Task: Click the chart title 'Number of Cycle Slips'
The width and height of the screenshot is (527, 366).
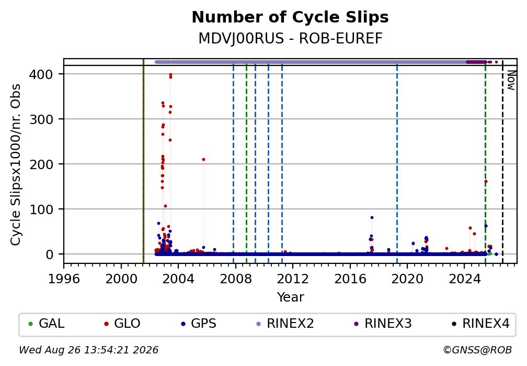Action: [290, 17]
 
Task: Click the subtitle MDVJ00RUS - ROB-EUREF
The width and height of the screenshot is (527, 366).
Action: [290, 38]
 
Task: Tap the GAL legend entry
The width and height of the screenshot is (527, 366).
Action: [47, 324]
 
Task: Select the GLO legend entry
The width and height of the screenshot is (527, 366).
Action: [122, 324]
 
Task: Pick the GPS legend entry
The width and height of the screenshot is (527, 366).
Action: [199, 324]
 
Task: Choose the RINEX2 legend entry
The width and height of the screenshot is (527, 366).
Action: [285, 324]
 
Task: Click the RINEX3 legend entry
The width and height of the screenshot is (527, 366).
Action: [383, 324]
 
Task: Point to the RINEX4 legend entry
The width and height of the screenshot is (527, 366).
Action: [481, 324]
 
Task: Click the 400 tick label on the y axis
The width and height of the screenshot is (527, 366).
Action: [41, 74]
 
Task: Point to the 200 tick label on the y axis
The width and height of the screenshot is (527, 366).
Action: [41, 164]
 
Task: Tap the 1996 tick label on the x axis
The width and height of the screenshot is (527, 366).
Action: [64, 279]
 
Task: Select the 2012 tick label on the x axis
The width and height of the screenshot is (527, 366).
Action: [293, 279]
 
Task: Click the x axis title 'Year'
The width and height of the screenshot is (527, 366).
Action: [290, 297]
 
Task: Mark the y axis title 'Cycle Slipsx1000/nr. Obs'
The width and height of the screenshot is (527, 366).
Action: [16, 164]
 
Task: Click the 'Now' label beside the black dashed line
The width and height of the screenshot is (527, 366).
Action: [511, 80]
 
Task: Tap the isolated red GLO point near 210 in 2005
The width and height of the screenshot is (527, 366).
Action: [203, 160]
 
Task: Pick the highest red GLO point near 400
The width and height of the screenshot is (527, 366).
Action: [170, 75]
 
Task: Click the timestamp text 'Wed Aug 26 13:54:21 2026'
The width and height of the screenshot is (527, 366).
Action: [88, 350]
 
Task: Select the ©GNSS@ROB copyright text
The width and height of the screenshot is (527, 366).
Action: [477, 350]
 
